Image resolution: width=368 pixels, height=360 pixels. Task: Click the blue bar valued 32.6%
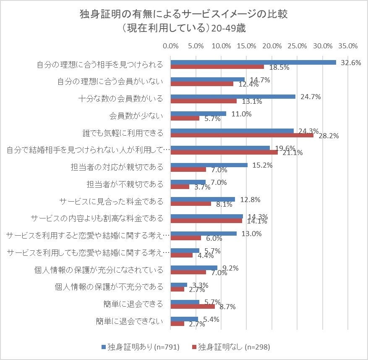pyautogui.click(x=253, y=62)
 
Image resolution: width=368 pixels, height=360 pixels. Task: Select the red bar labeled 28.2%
pyautogui.click(x=242, y=135)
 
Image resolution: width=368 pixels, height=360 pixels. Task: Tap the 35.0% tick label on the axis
pyautogui.click(x=348, y=46)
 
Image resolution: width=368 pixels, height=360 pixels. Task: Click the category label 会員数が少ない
pyautogui.click(x=136, y=116)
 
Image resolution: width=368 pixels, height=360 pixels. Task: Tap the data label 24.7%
pyautogui.click(x=312, y=97)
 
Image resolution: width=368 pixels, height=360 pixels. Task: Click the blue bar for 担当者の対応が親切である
pyautogui.click(x=209, y=165)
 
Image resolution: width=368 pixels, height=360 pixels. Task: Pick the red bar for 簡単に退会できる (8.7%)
pyautogui.click(x=193, y=307)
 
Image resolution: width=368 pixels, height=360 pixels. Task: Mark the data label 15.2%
pyautogui.click(x=263, y=165)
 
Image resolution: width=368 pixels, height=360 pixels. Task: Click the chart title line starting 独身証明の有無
pyautogui.click(x=184, y=15)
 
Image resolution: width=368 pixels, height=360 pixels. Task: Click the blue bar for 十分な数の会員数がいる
pyautogui.click(x=233, y=97)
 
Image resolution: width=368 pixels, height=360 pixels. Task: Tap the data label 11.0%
pyautogui.click(x=242, y=114)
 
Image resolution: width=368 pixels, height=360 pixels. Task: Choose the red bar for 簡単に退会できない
pyautogui.click(x=177, y=324)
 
